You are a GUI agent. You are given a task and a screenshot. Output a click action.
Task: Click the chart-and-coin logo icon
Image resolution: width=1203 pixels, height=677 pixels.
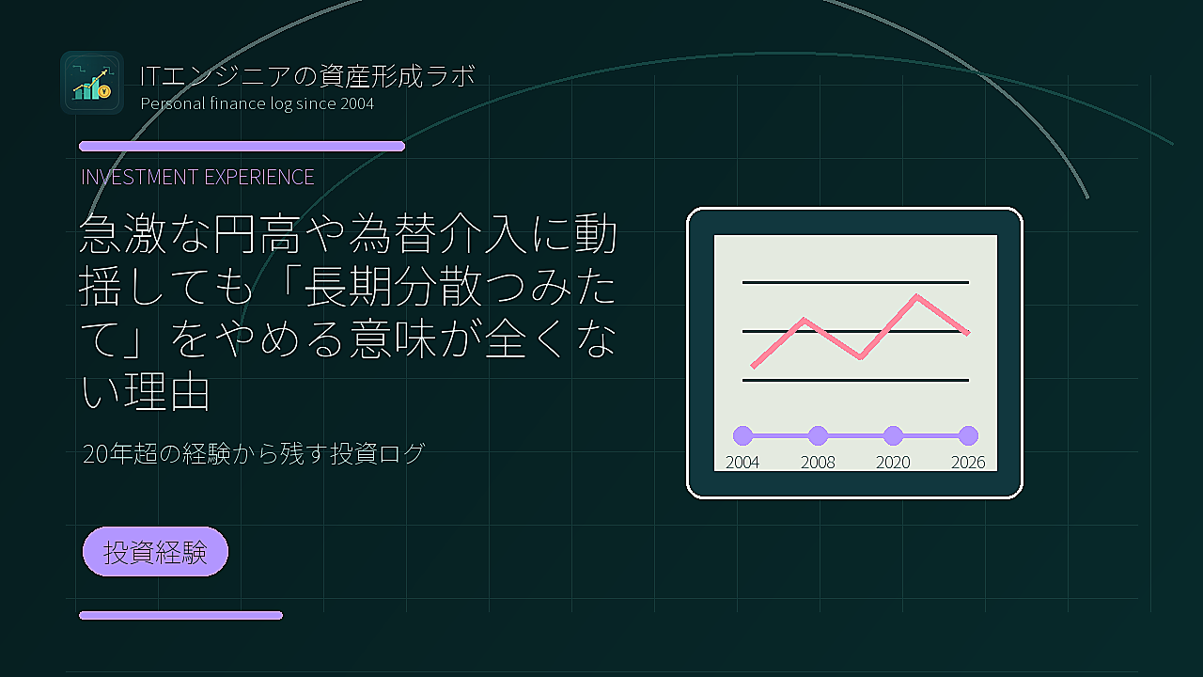tap(92, 83)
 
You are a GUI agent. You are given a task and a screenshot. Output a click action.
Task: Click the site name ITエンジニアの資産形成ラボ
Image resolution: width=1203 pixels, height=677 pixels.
tap(307, 76)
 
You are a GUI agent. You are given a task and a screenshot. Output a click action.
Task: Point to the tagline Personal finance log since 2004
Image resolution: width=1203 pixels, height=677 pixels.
tap(258, 103)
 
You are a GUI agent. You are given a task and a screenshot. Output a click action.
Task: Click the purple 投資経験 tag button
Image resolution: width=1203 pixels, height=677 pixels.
tap(155, 552)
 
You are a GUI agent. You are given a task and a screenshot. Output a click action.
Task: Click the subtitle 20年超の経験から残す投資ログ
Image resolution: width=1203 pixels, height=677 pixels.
tap(254, 453)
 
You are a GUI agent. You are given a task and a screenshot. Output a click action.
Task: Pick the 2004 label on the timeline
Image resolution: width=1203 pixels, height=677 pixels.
tap(742, 463)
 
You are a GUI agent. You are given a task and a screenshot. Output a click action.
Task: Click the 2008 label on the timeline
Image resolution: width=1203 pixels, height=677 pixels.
tap(818, 463)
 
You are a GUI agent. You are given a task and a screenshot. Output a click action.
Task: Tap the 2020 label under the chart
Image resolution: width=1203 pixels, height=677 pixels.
tap(893, 463)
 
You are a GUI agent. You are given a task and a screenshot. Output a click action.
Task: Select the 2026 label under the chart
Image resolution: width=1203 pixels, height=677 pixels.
tap(968, 463)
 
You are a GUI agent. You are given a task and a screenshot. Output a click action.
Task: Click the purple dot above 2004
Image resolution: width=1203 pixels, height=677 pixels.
tap(742, 435)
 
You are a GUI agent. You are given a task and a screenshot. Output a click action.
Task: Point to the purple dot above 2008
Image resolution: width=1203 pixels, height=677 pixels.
tap(818, 435)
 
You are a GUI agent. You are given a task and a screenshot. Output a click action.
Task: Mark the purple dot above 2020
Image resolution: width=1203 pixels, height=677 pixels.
tap(893, 435)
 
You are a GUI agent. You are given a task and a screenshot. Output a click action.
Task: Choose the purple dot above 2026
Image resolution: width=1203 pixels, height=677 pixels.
tap(968, 435)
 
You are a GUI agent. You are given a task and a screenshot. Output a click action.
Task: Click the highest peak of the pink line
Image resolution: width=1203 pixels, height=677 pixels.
tap(916, 295)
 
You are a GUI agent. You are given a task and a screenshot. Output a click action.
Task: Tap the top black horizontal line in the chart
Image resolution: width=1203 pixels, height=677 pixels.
tap(855, 282)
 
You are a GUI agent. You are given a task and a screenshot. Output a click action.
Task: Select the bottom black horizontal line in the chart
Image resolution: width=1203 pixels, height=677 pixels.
tap(855, 381)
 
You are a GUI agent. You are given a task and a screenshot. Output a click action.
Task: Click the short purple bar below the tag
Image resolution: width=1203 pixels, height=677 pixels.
tap(181, 616)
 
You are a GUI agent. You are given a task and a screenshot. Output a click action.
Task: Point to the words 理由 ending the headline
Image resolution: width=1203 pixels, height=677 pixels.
tap(167, 392)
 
